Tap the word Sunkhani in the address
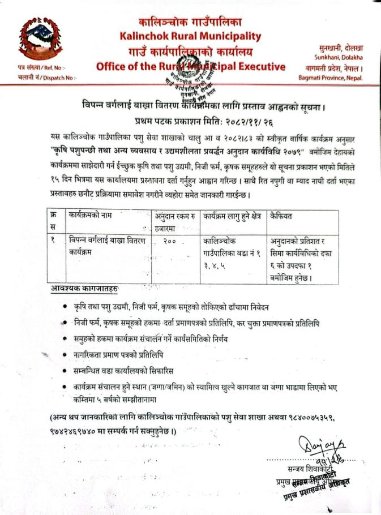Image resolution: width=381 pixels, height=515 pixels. point(327,58)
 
